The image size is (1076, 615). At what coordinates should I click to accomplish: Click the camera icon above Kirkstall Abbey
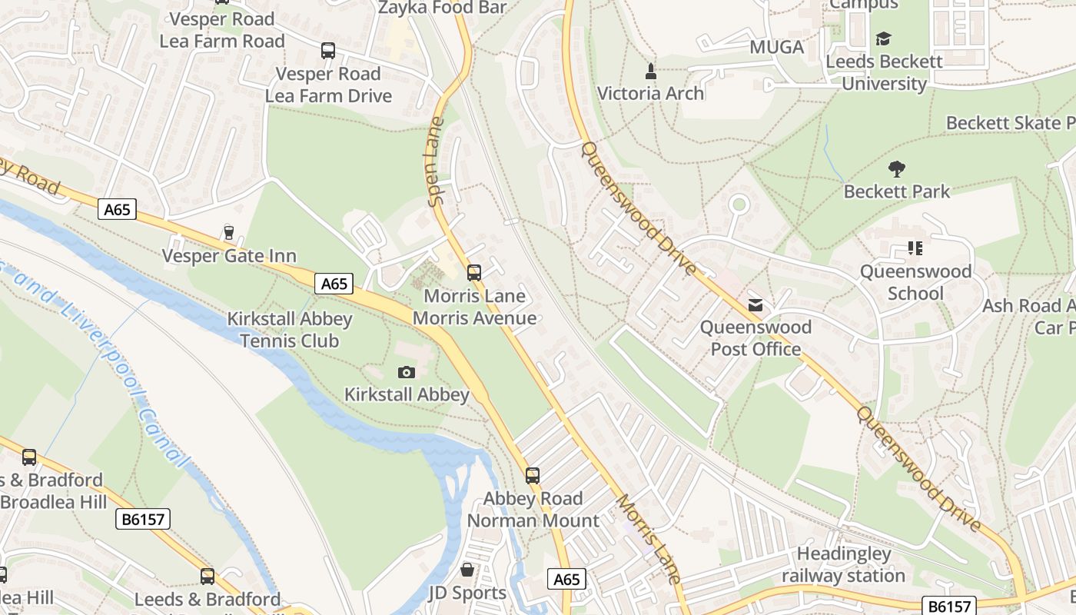pyautogui.click(x=407, y=373)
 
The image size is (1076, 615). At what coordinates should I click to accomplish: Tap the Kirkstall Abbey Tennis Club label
pyautogui.click(x=290, y=330)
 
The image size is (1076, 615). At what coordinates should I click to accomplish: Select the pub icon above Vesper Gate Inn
pyautogui.click(x=228, y=232)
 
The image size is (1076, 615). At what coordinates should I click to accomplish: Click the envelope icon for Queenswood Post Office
pyautogui.click(x=756, y=305)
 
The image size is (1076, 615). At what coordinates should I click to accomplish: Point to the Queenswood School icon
pyautogui.click(x=915, y=248)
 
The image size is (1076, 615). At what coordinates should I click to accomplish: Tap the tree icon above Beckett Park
pyautogui.click(x=896, y=168)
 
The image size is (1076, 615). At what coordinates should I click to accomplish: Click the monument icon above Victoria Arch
pyautogui.click(x=651, y=71)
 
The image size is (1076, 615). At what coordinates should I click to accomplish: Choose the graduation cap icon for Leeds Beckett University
pyautogui.click(x=883, y=38)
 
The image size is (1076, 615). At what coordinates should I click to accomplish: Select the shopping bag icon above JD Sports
pyautogui.click(x=467, y=570)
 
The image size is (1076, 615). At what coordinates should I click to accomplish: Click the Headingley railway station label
pyautogui.click(x=844, y=564)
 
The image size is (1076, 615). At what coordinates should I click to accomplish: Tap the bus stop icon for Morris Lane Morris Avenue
pyautogui.click(x=474, y=272)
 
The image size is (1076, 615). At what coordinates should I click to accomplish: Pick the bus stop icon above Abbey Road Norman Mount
pyautogui.click(x=533, y=475)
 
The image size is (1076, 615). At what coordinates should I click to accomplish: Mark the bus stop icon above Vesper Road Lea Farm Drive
pyautogui.click(x=328, y=51)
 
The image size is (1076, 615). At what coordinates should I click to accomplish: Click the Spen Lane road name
pyautogui.click(x=437, y=161)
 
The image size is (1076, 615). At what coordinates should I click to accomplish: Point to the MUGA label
pyautogui.click(x=776, y=48)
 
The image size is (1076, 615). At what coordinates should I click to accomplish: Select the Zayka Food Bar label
pyautogui.click(x=443, y=8)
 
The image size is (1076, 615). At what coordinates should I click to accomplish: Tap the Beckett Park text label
pyautogui.click(x=897, y=191)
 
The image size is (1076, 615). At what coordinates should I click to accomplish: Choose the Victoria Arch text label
pyautogui.click(x=650, y=93)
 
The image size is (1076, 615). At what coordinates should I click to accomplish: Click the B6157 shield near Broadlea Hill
pyautogui.click(x=144, y=519)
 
